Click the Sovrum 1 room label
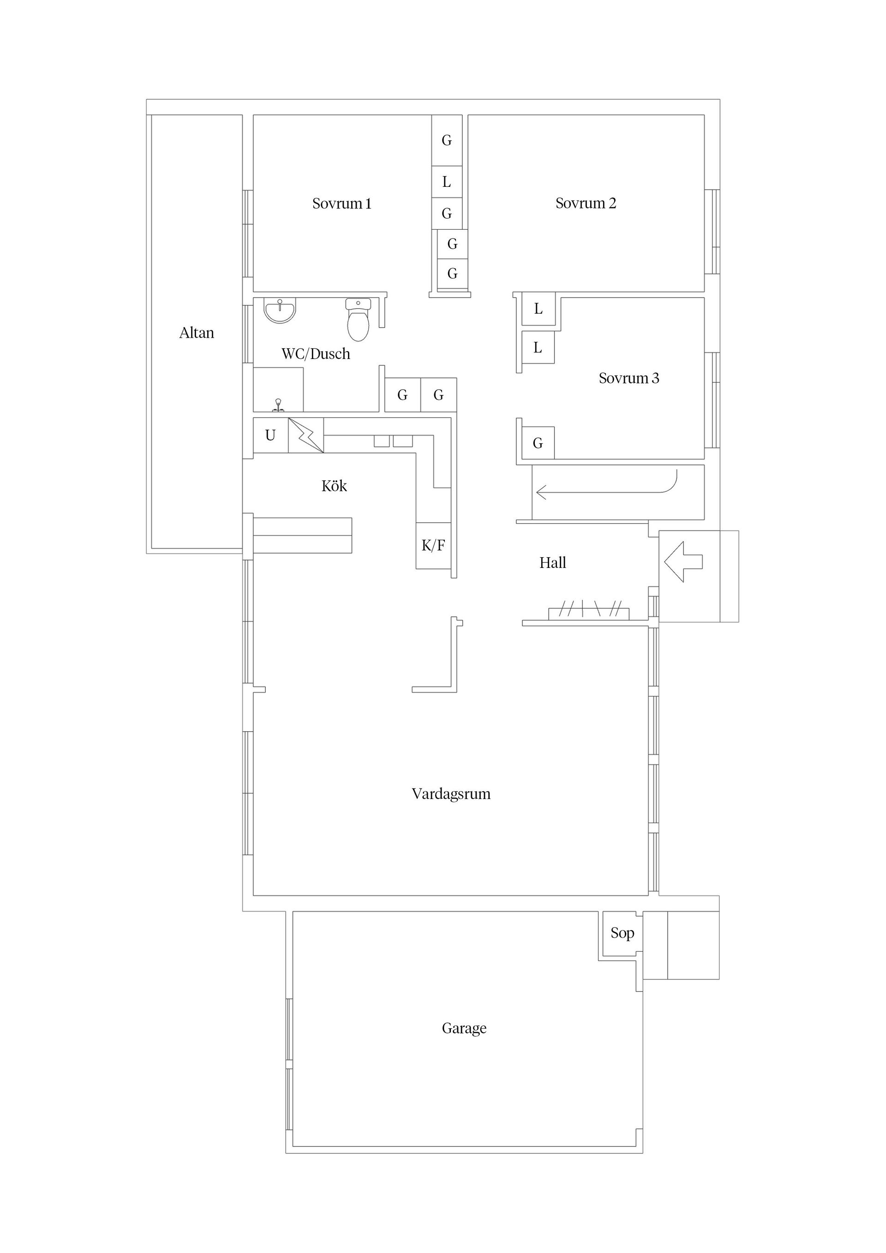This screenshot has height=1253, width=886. point(342,203)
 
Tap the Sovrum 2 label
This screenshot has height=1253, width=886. point(586,203)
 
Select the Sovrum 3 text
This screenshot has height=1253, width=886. point(629,378)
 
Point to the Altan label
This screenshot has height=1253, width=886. point(197,333)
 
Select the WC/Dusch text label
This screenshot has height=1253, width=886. point(316,354)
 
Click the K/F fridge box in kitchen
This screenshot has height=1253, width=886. point(433,545)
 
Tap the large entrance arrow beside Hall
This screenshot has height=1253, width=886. point(683,561)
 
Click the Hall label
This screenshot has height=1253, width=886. point(552,563)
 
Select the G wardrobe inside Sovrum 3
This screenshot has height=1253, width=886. point(538,443)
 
